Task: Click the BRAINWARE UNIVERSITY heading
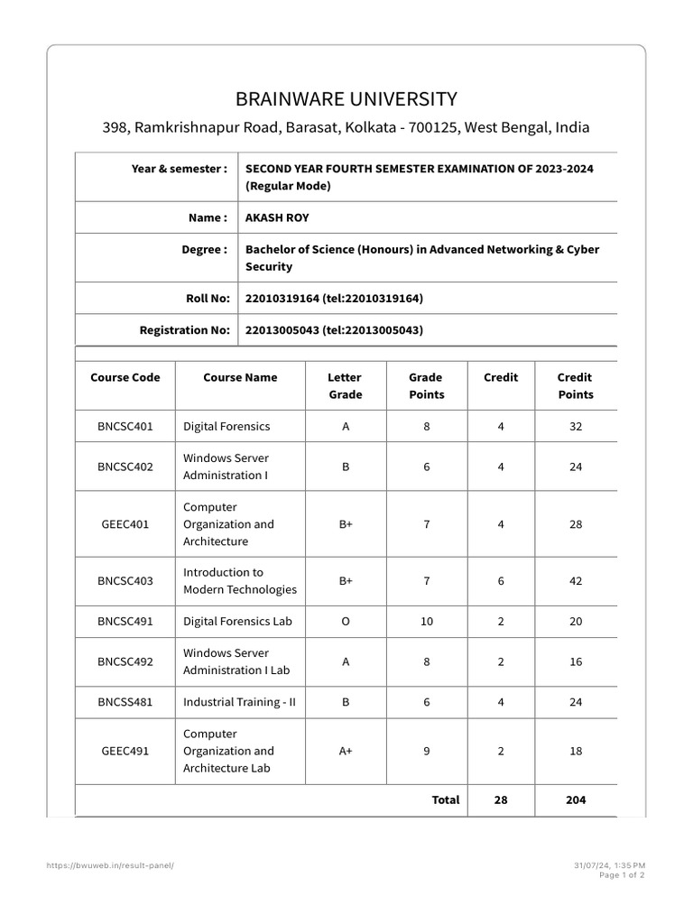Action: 346,99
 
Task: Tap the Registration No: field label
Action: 184,330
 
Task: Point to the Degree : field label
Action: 205,249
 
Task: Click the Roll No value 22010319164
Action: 282,298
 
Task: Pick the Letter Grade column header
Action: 345,386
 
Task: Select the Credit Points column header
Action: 575,386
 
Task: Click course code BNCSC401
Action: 125,426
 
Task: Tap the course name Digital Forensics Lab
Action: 237,621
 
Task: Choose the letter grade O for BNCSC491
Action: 345,621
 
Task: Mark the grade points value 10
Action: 427,621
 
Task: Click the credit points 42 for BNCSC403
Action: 576,581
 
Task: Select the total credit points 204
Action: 575,799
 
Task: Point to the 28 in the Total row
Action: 501,799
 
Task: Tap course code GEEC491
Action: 125,751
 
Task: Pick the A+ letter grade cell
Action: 345,751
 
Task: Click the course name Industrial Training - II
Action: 239,702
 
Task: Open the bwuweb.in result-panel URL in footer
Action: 109,865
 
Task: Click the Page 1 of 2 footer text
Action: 622,875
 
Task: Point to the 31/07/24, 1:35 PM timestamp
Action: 609,865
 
